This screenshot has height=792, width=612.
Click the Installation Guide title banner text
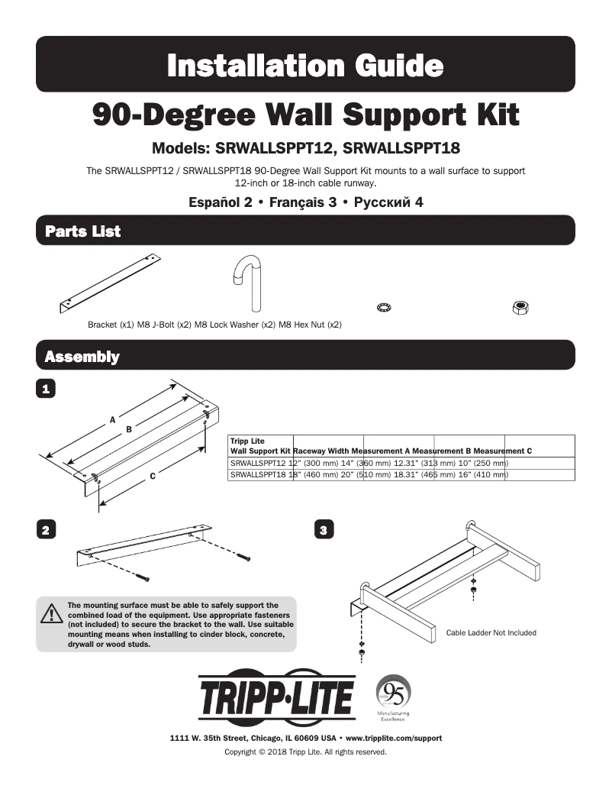(305, 65)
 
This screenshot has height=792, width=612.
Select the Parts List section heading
(82, 231)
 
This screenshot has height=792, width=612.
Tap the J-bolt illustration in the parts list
(248, 283)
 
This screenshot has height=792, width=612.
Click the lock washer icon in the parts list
(384, 307)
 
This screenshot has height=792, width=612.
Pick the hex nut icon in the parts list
(520, 307)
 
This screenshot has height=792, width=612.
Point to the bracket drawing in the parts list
(114, 285)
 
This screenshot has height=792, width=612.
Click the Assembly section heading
(82, 357)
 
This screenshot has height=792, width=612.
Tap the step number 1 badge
(47, 389)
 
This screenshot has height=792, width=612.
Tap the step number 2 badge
(47, 529)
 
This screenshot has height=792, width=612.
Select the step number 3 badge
(324, 529)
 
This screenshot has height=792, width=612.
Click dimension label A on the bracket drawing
(113, 419)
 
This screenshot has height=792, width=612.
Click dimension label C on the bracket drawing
(153, 477)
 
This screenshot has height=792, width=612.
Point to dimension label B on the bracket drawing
(129, 429)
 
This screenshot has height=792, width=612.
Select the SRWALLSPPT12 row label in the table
(257, 463)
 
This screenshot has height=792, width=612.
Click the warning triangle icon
(52, 613)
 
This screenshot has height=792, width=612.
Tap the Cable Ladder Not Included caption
(491, 632)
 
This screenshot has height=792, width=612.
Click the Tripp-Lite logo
(277, 700)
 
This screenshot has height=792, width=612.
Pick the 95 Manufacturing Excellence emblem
(393, 697)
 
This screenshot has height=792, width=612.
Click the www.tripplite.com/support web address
(394, 739)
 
